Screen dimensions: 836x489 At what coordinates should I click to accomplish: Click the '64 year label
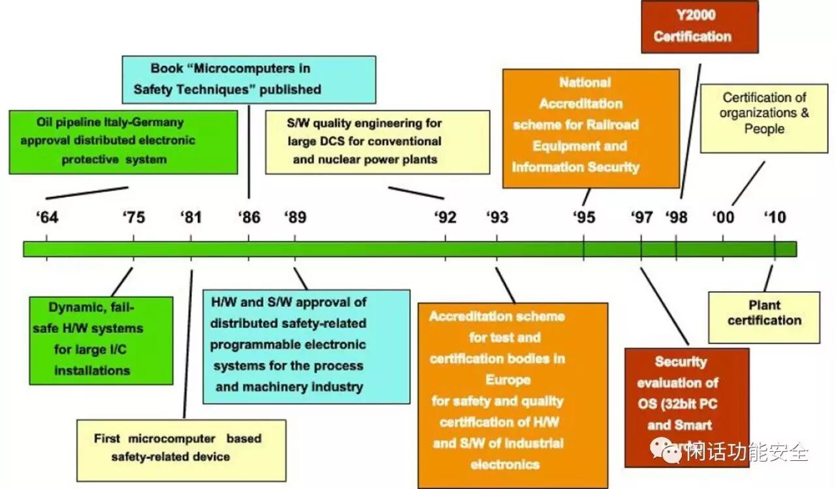point(48,217)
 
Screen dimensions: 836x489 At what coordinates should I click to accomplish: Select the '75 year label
point(134,217)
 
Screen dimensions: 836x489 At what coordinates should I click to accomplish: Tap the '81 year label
point(191,217)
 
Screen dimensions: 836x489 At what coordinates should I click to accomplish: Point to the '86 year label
point(249,217)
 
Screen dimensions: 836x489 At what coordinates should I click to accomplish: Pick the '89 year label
point(295,217)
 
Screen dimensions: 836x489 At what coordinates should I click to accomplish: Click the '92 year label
point(446,217)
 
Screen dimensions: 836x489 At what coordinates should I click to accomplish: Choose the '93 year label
point(497,217)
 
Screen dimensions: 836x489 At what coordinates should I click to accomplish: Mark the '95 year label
point(585,217)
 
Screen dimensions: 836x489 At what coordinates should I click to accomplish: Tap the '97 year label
point(642,217)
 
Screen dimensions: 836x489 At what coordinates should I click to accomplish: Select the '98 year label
point(677,217)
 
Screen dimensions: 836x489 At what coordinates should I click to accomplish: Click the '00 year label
point(723,217)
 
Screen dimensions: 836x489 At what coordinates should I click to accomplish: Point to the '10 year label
point(775,217)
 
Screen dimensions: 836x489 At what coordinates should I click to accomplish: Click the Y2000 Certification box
point(699,27)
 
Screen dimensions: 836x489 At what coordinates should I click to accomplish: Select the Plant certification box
point(764,317)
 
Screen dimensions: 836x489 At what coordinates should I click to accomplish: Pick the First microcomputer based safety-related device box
point(180,449)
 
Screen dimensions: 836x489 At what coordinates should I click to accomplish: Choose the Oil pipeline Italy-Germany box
point(123,141)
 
